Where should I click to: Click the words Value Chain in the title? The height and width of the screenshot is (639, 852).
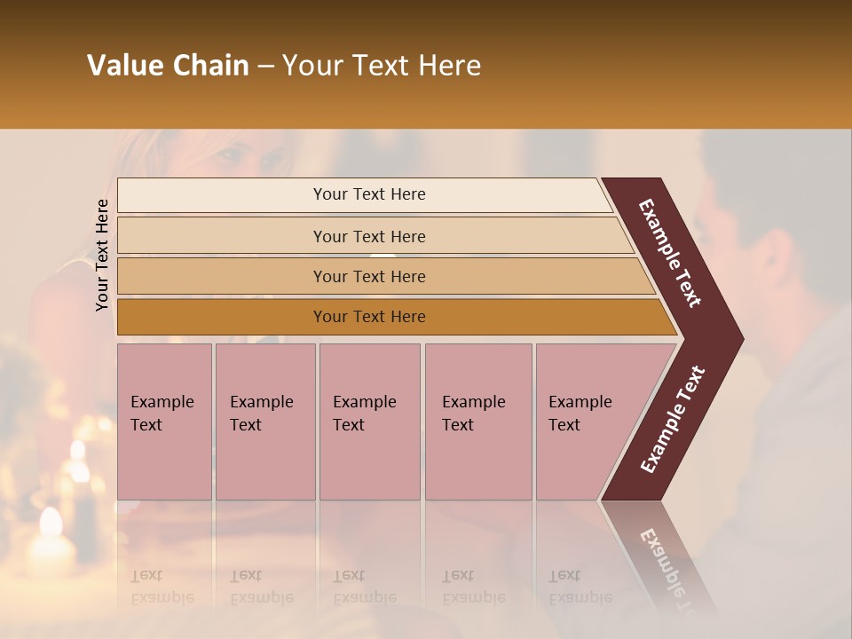(168, 66)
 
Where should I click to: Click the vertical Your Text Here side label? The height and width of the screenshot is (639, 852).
(102, 255)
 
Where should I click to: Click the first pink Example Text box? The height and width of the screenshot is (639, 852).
(164, 422)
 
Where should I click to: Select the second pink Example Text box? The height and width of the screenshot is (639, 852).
(265, 422)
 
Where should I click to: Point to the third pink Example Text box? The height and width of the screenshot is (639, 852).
(369, 422)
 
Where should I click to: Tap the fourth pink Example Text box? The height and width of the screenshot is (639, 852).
(478, 422)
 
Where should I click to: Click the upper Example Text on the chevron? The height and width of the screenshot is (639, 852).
(670, 253)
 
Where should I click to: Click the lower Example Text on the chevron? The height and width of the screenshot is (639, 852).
(672, 420)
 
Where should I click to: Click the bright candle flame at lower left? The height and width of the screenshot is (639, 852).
(50, 524)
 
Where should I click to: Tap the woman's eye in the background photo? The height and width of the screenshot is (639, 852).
(233, 156)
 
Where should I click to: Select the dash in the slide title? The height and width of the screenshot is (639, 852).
(265, 66)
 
